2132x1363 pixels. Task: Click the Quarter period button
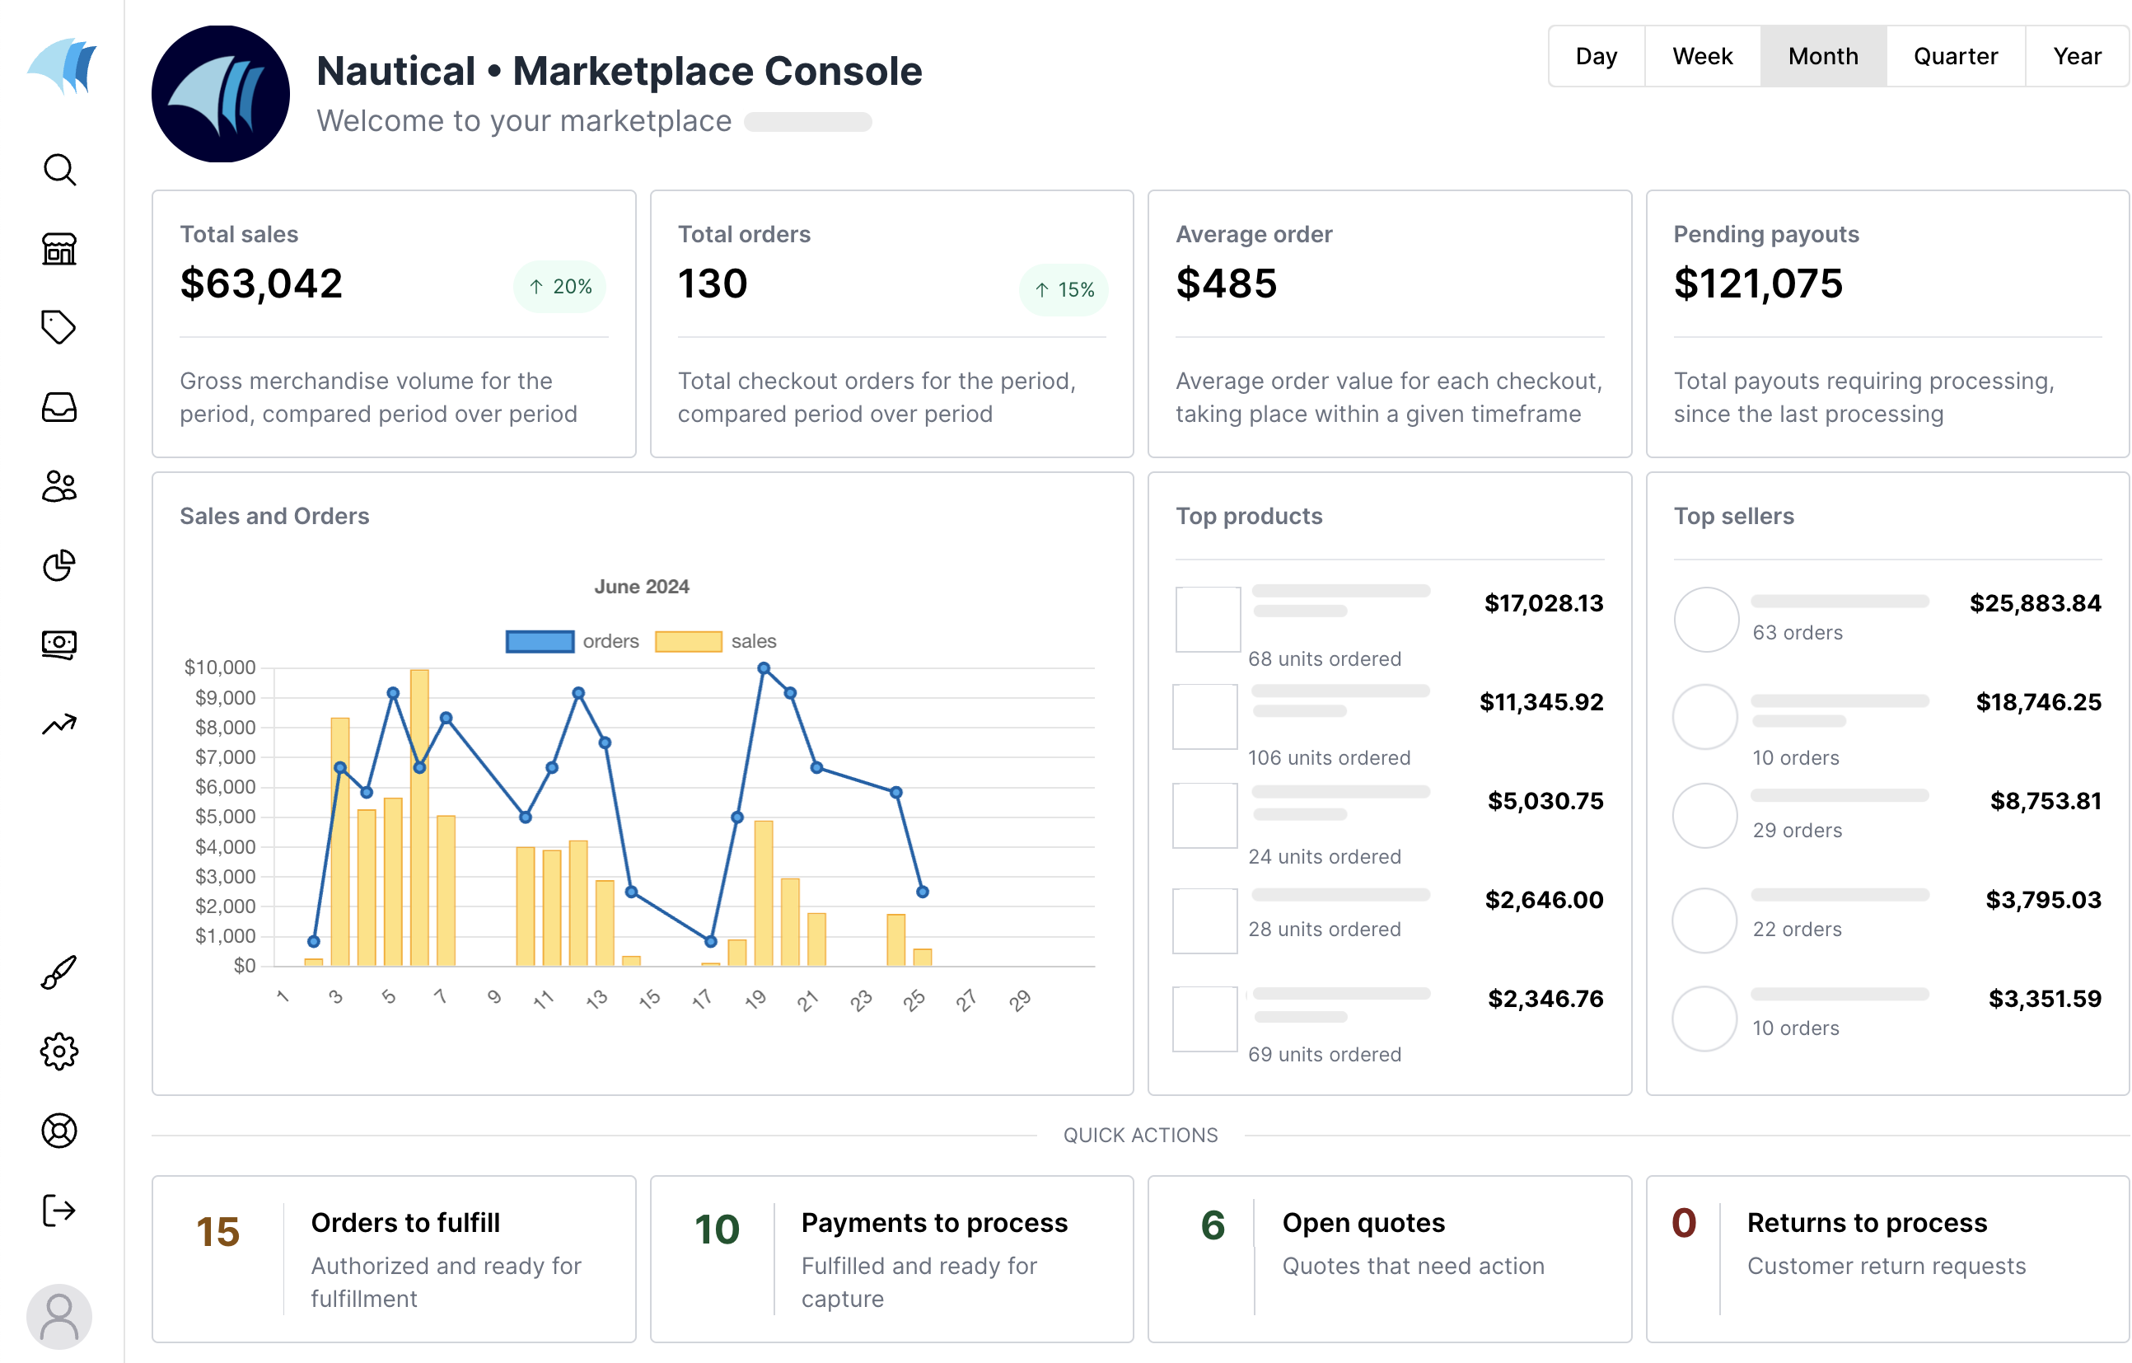click(x=1955, y=57)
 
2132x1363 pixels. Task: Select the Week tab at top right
click(x=1702, y=57)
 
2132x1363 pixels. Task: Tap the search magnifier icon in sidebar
click(x=59, y=169)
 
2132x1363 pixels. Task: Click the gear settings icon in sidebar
click(x=59, y=1052)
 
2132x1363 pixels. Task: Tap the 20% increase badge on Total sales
click(x=559, y=287)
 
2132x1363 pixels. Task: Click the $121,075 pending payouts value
click(x=1757, y=284)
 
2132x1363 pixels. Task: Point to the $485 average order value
click(x=1227, y=284)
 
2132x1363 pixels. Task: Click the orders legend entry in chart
click(x=572, y=641)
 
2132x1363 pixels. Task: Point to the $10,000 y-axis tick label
click(x=220, y=667)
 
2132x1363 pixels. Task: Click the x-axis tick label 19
click(x=755, y=1000)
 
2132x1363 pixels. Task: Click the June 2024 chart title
click(x=641, y=586)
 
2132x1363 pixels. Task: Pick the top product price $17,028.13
click(x=1543, y=604)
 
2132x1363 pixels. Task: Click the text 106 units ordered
click(x=1329, y=758)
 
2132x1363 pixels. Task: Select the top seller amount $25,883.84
click(x=2035, y=604)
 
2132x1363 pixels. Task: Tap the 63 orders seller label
click(x=1798, y=632)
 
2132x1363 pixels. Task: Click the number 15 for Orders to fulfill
click(x=217, y=1232)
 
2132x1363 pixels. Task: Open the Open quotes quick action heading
click(x=1363, y=1223)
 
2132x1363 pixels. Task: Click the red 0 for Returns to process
click(x=1683, y=1223)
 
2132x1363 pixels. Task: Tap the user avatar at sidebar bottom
click(x=59, y=1316)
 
